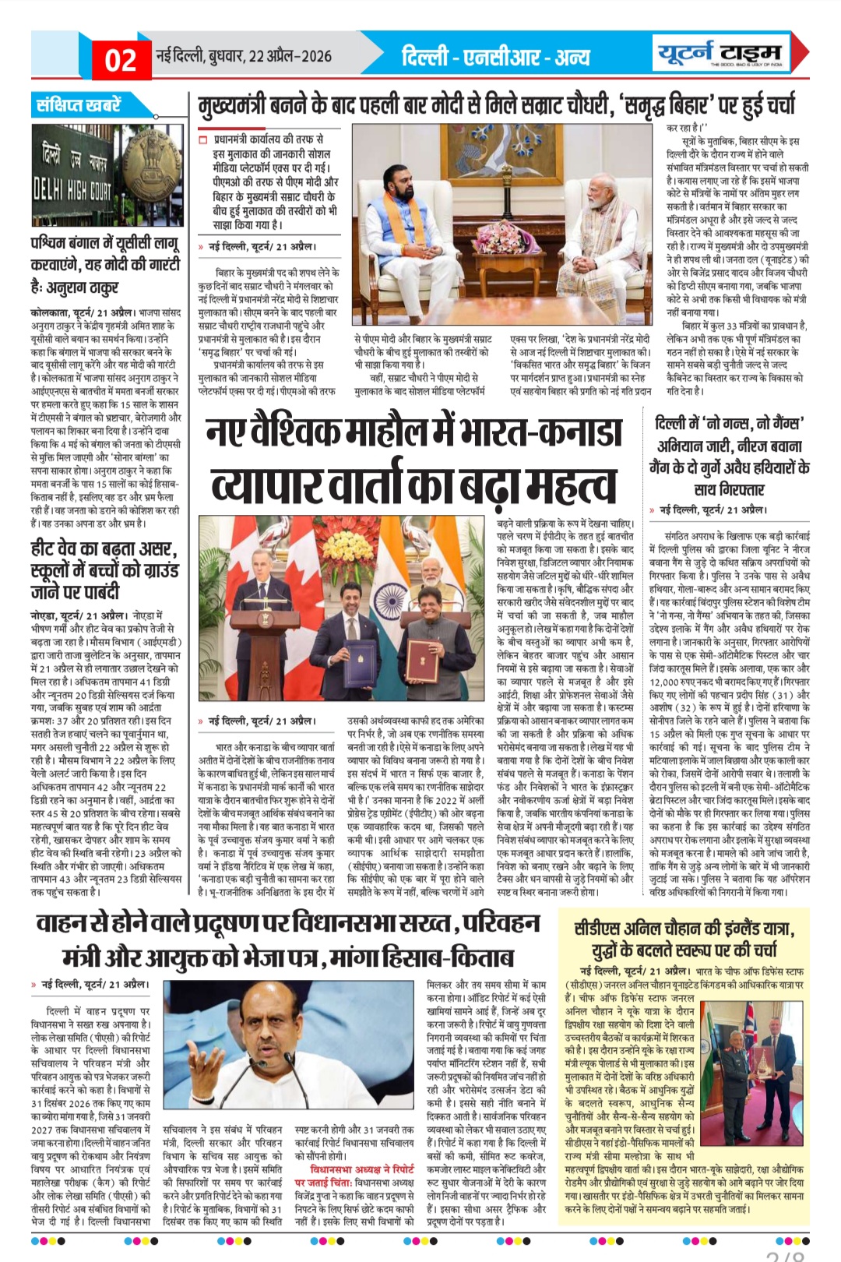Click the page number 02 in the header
coord(120,59)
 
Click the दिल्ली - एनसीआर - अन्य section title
coord(496,57)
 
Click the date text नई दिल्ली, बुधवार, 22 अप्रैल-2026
coord(244,56)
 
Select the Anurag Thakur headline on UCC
coord(104,264)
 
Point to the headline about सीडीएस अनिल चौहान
coord(685,939)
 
